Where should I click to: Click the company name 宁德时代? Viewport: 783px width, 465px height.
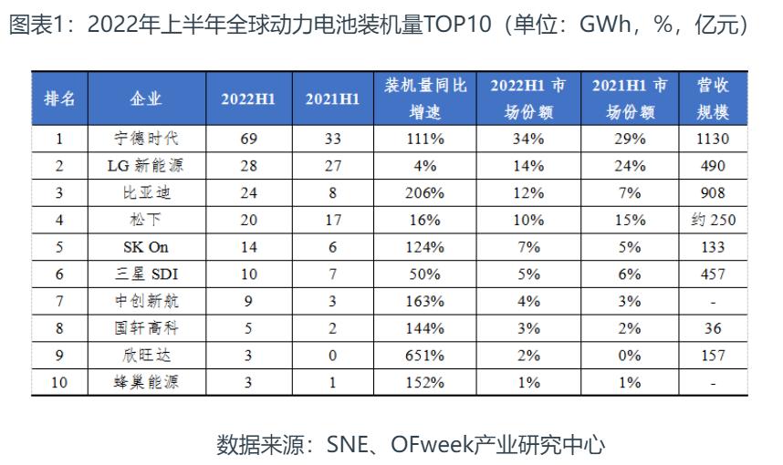pos(146,139)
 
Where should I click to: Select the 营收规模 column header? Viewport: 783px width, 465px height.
pos(714,98)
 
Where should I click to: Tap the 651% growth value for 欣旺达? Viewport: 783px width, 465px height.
pos(425,356)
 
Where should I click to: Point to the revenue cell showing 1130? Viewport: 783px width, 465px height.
pos(714,139)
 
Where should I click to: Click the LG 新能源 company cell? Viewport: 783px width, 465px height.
pos(146,166)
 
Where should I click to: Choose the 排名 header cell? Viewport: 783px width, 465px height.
pos(60,98)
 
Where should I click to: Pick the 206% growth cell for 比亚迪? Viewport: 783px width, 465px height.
pos(425,193)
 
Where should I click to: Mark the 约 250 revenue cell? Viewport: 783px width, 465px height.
pos(714,221)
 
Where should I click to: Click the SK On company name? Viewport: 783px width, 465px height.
pos(146,247)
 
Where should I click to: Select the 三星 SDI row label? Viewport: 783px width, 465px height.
pos(146,274)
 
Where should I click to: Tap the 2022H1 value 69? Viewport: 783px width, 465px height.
pos(248,139)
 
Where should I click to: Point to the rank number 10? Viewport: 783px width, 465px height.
pos(60,383)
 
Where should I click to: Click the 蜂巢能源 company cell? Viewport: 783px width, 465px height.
pos(146,383)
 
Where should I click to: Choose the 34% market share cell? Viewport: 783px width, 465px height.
pos(528,139)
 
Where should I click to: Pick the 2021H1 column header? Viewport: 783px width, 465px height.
pos(332,98)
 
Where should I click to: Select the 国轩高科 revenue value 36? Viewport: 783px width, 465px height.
pos(714,328)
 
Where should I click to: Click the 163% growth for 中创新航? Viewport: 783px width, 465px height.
pos(425,302)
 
